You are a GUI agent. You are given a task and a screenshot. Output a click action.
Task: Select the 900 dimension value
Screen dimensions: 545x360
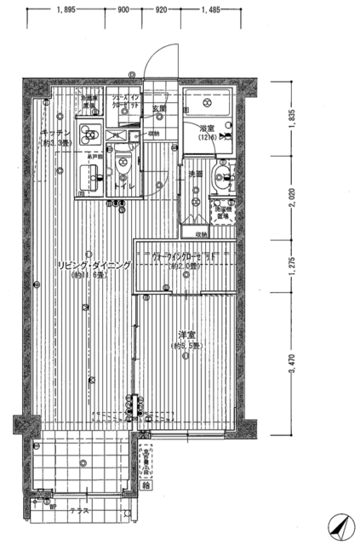click(125, 10)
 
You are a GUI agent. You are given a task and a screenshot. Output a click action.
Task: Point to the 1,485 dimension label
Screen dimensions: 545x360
click(211, 10)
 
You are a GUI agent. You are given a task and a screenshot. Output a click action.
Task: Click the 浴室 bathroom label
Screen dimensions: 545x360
click(206, 128)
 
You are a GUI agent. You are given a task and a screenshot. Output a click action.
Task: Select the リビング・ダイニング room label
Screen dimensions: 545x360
click(94, 266)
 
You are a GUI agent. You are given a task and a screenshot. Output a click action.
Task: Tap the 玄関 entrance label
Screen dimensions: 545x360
click(159, 109)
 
